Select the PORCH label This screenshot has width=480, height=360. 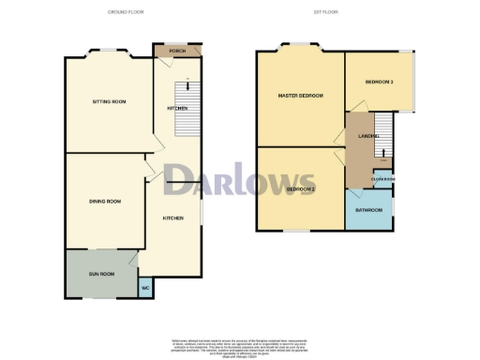coord(175,51)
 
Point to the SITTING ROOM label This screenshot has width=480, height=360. coord(108,101)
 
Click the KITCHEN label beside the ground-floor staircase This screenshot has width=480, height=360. coord(177,109)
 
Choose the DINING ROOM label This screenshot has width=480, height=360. coord(103,202)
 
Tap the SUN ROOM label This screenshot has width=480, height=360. coord(101,275)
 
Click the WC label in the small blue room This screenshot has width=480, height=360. coord(145,288)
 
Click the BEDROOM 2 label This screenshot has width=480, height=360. coord(300,190)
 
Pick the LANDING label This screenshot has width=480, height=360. coord(367,137)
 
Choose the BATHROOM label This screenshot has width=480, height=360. coord(368,210)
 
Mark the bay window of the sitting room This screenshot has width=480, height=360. coord(108,50)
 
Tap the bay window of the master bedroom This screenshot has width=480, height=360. coord(300,44)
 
